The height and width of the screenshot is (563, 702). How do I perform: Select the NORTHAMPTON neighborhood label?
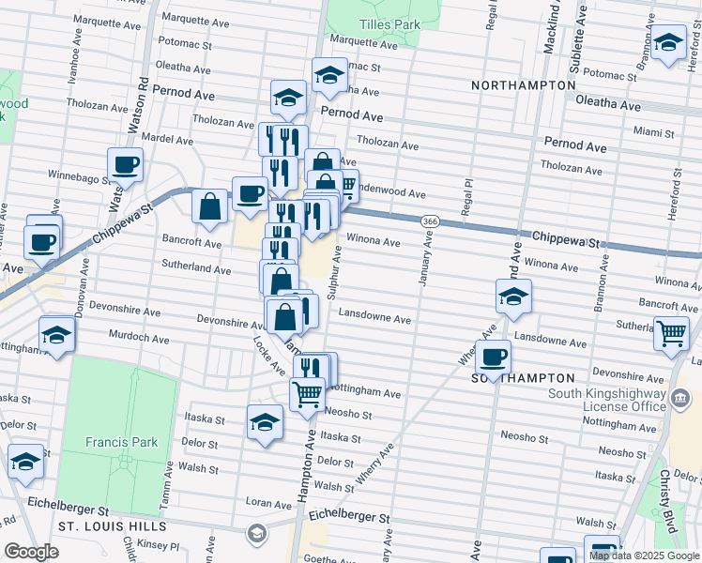pyautogui.click(x=524, y=85)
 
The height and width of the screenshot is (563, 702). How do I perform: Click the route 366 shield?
pyautogui.click(x=430, y=221)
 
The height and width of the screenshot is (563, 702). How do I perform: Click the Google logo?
pyautogui.click(x=31, y=552)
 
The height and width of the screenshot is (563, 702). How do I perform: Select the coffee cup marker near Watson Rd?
pyautogui.click(x=125, y=167)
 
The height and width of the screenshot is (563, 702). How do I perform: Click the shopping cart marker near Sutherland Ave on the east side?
pyautogui.click(x=671, y=332)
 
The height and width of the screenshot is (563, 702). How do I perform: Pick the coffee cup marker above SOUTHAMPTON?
pyautogui.click(x=493, y=356)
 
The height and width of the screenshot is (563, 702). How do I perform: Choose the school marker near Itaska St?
pyautogui.click(x=266, y=421)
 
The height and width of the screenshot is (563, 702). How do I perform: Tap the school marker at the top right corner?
pyautogui.click(x=668, y=43)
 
